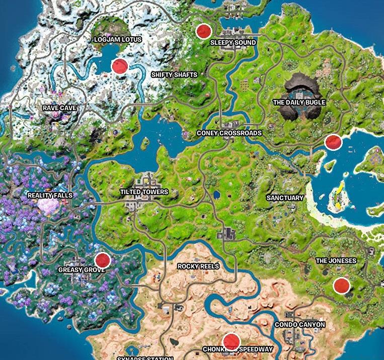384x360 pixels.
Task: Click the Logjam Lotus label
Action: point(118,39)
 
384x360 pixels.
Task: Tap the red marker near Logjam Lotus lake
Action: point(120,66)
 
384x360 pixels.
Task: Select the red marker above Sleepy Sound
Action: point(203,31)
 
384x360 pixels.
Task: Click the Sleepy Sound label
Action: point(233,43)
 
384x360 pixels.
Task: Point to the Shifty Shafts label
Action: point(174,74)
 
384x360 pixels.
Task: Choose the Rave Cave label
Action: point(60,108)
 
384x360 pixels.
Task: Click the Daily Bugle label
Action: point(299,102)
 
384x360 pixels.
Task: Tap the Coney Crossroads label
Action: point(229,133)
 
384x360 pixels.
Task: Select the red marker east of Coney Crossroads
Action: point(333,142)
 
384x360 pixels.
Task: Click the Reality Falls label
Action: point(50,195)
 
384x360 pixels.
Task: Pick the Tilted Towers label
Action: point(144,192)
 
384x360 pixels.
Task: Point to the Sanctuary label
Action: point(285,198)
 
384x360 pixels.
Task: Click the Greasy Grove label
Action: point(82,270)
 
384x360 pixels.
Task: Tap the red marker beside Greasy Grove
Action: point(103,260)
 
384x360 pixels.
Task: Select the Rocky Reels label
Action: point(198,265)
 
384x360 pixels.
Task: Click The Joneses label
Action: point(336,260)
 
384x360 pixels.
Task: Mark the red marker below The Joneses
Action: point(341,286)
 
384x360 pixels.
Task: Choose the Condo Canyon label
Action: point(299,325)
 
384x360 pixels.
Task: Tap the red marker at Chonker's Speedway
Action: point(231,340)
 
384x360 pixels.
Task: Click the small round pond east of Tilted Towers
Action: point(217,194)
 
